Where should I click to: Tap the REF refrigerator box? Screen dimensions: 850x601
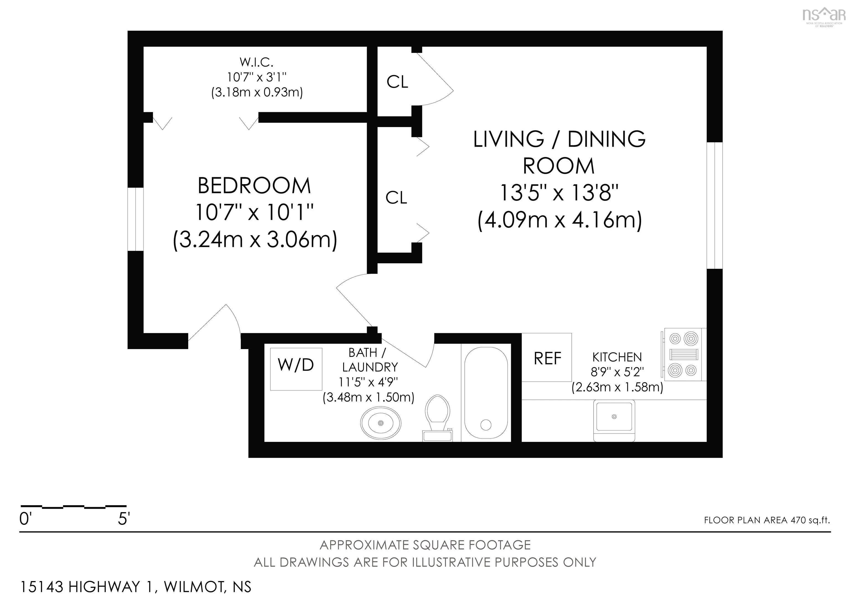[x=547, y=357]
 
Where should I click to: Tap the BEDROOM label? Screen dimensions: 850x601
[x=254, y=185]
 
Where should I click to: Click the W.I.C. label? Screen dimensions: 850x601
[x=256, y=62]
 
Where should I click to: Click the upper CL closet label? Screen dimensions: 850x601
[x=397, y=82]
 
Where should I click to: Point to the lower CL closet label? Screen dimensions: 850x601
[x=396, y=198]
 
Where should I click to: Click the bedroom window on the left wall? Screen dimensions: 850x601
[x=136, y=219]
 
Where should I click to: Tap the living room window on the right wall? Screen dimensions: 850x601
[x=714, y=205]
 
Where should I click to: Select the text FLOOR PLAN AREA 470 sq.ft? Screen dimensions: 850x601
[x=767, y=520]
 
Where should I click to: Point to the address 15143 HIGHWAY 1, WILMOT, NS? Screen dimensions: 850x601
[x=136, y=587]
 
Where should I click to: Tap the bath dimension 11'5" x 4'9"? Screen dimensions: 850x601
[x=368, y=382]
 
